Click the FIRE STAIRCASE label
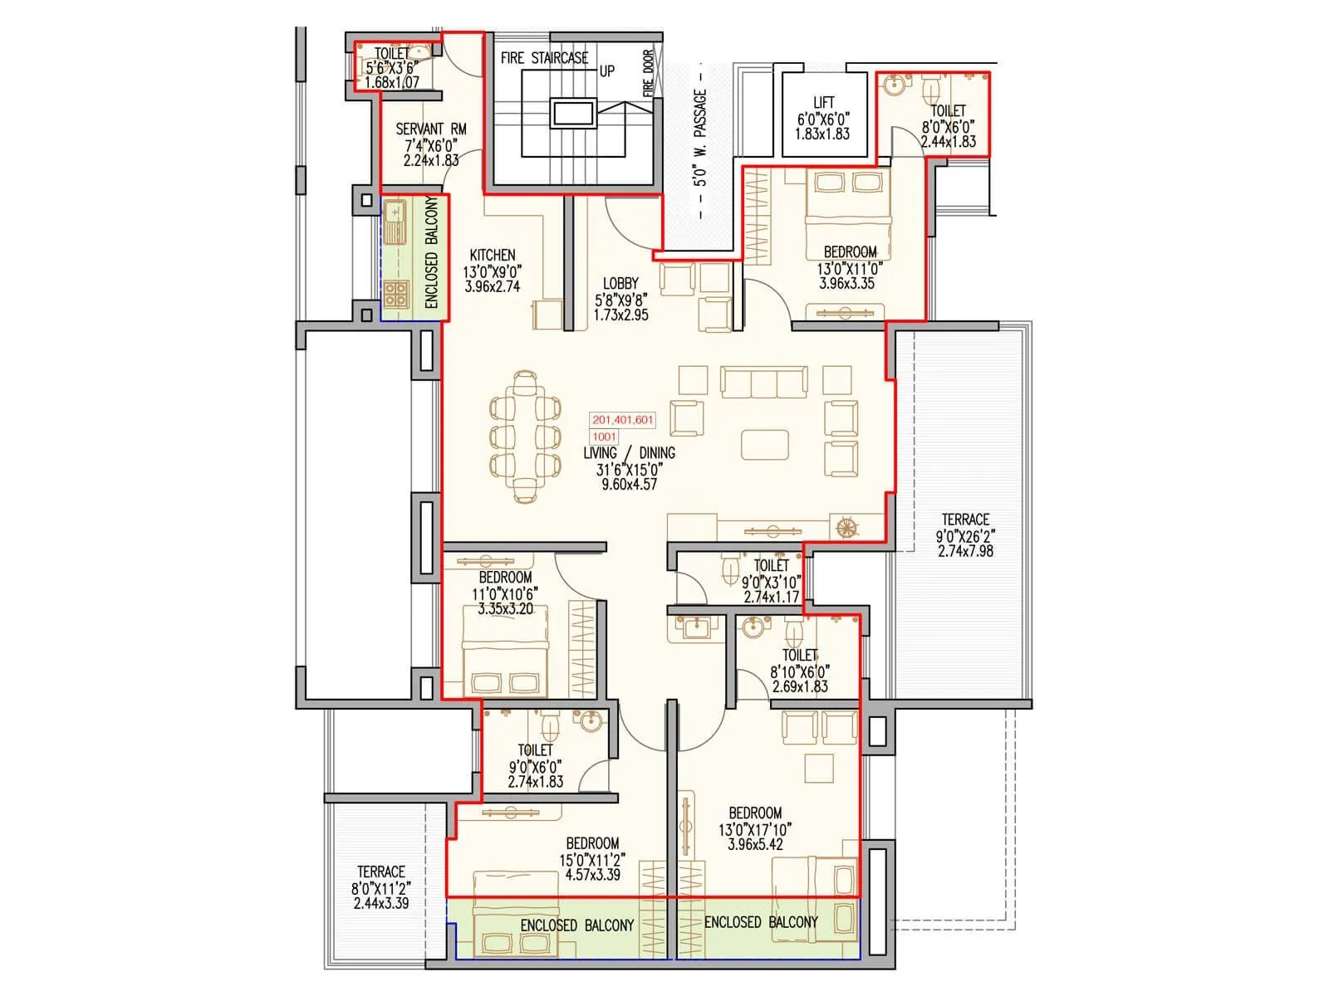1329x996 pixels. click(x=544, y=58)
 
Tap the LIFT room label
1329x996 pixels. click(x=823, y=103)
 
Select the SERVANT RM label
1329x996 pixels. click(x=430, y=129)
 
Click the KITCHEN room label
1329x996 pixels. click(x=493, y=255)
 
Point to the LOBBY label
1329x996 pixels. click(x=620, y=284)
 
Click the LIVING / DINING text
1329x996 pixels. click(x=629, y=453)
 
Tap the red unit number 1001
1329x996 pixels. click(x=605, y=437)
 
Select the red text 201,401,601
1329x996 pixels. click(x=623, y=420)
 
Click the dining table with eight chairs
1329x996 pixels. click(x=524, y=437)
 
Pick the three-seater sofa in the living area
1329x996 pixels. click(x=764, y=382)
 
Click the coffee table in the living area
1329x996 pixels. click(x=765, y=443)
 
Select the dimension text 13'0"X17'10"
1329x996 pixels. click(x=755, y=829)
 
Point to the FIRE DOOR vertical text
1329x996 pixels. click(x=648, y=73)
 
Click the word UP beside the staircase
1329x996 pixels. click(x=607, y=71)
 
